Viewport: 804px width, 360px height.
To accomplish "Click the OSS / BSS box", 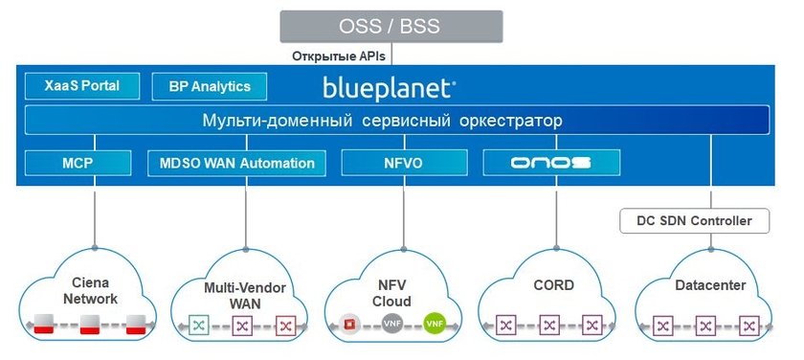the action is click(x=391, y=26).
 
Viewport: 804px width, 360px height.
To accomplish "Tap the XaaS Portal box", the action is click(x=82, y=85).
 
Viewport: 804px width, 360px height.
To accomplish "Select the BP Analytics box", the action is click(x=210, y=86).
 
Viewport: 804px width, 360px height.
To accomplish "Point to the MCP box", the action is click(x=78, y=163).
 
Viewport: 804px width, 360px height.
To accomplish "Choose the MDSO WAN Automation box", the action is click(x=236, y=163).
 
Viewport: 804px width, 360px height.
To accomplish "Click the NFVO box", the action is click(x=404, y=163).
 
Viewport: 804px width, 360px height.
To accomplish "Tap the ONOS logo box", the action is click(x=551, y=163).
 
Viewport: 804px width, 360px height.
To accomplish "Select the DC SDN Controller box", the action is click(x=694, y=221).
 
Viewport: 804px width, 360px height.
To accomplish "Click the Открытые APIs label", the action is click(x=339, y=56).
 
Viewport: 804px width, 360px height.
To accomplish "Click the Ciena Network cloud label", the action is click(x=90, y=290).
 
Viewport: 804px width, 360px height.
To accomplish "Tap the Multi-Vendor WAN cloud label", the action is click(x=245, y=295).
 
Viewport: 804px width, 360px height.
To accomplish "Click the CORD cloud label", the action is click(x=554, y=285).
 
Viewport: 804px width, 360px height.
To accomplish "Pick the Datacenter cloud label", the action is click(x=710, y=285).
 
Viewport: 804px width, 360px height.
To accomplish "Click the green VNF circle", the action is click(x=435, y=324).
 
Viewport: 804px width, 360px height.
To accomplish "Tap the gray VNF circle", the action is click(x=392, y=324).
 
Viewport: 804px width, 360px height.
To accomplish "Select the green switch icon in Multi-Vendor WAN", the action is click(x=198, y=326).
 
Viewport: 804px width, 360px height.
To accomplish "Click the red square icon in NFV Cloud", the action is click(x=350, y=325).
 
